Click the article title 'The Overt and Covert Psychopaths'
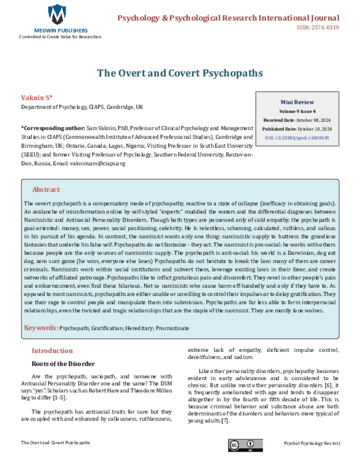click(x=180, y=73)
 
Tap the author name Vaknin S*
click(x=37, y=97)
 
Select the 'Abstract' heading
click(x=46, y=189)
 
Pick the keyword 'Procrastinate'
click(x=172, y=328)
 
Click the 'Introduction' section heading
click(x=52, y=351)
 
